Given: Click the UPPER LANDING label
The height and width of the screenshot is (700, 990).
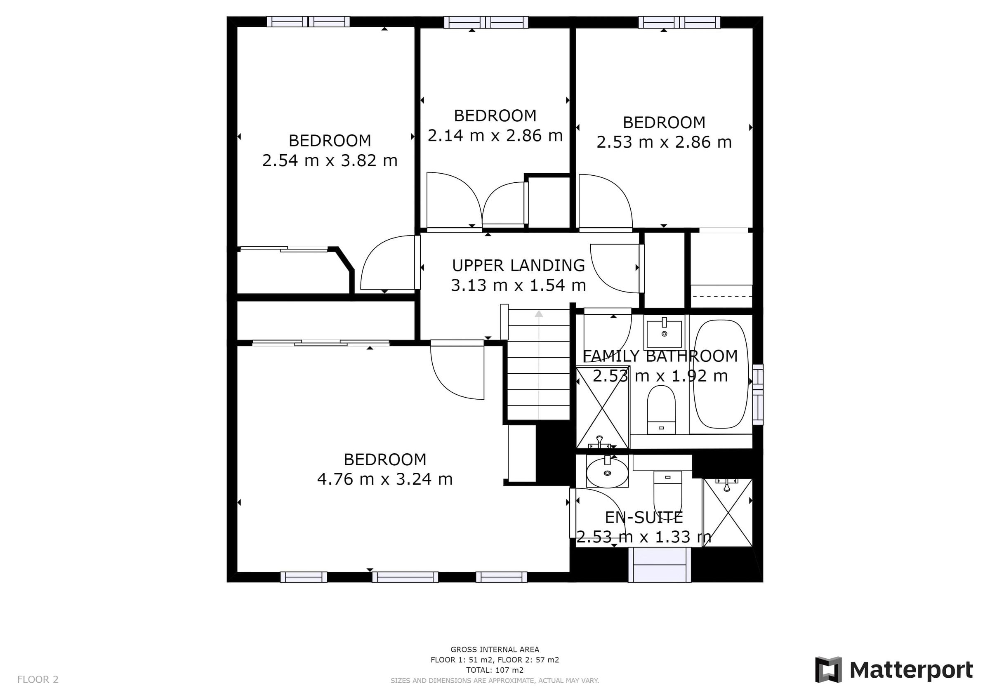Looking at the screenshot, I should coord(518,265).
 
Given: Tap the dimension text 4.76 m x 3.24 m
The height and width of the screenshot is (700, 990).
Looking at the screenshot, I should coord(384,479).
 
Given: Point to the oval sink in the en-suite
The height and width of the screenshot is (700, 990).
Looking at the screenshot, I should coord(607,473).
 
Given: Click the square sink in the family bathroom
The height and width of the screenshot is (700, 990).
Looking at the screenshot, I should coord(664,332).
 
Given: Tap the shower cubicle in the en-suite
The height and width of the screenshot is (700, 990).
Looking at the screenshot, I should coord(728,512).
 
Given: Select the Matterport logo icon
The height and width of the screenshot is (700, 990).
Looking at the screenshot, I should coord(828,670).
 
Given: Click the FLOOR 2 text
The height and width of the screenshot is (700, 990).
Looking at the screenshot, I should coord(38,680).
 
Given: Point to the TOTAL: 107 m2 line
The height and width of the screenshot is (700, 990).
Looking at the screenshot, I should coord(495,670).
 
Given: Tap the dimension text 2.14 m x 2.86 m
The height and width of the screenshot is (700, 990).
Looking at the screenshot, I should coord(495,136).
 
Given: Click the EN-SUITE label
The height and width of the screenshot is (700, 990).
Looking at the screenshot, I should coord(644,517).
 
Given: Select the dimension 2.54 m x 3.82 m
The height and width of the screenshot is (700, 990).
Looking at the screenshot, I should coord(330,161).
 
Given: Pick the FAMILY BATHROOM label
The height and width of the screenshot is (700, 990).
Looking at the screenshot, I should coord(660,356).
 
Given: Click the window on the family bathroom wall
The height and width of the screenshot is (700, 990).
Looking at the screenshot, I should coord(758,394).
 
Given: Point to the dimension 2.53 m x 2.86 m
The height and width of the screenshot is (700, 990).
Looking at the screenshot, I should coord(664,142).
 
